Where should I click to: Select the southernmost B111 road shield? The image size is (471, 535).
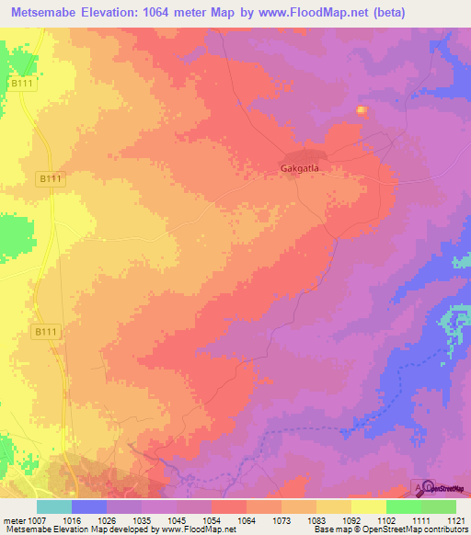pyautogui.click(x=45, y=331)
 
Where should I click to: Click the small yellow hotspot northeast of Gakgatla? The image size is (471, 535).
pyautogui.click(x=362, y=111)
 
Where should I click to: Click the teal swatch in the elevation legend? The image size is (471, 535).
pyautogui.click(x=54, y=507)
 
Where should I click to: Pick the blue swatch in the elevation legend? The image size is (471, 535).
pyautogui.click(x=89, y=507)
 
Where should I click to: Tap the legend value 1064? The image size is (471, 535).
pyautogui.click(x=247, y=520)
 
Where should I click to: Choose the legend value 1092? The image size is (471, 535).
pyautogui.click(x=351, y=520)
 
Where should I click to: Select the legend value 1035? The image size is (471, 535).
pyautogui.click(x=141, y=520)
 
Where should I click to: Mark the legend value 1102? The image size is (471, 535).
pyautogui.click(x=386, y=520)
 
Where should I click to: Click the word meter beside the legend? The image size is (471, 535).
pyautogui.click(x=12, y=520)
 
